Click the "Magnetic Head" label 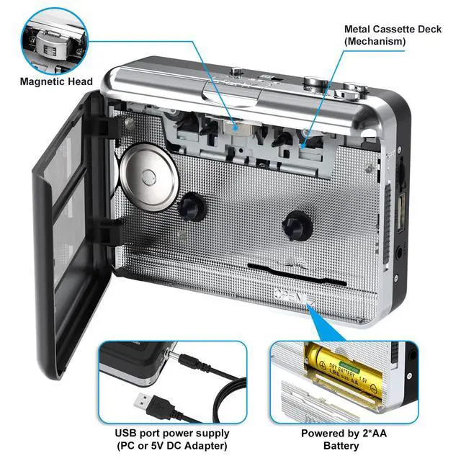click(56, 81)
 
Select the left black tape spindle click(192, 206)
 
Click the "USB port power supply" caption click(172, 434)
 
